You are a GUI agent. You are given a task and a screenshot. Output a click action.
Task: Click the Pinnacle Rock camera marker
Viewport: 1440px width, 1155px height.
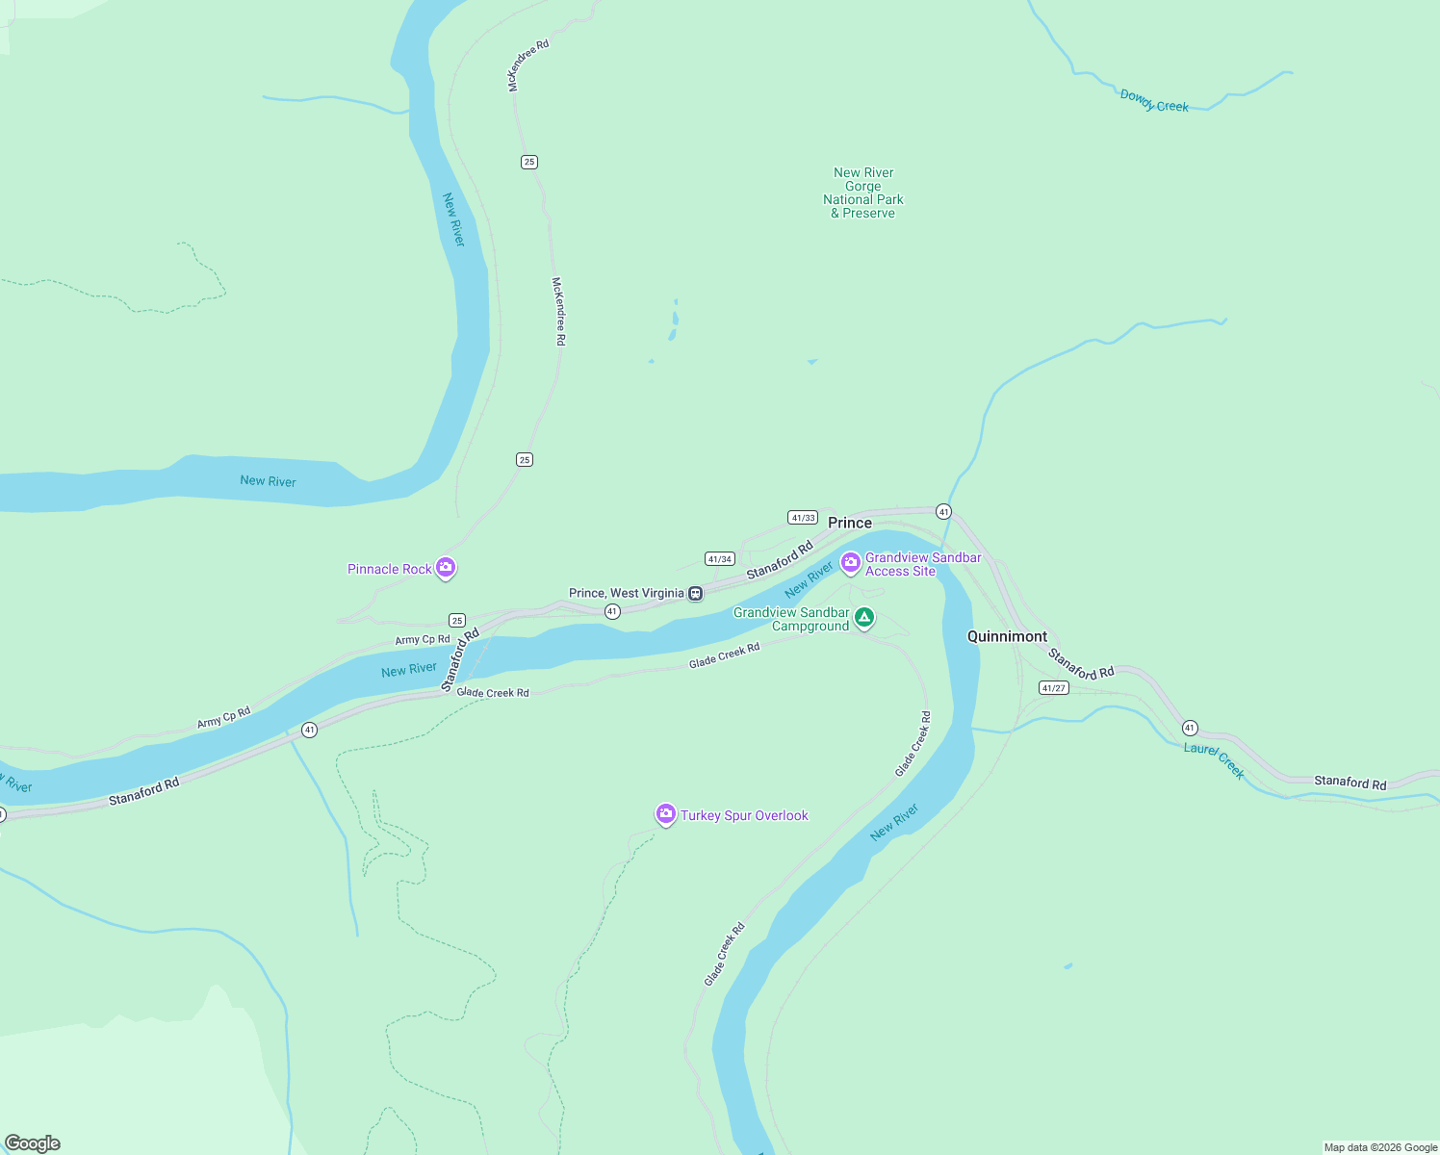click(x=445, y=568)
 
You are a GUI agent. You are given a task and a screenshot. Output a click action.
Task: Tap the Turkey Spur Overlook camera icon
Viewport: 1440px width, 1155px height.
click(x=665, y=814)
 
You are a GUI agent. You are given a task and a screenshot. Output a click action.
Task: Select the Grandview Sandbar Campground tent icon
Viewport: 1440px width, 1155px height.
click(x=864, y=617)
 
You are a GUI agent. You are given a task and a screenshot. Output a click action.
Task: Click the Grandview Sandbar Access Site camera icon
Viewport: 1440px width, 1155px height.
click(x=850, y=561)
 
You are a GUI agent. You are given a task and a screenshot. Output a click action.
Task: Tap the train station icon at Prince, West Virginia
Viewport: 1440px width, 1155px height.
click(x=696, y=593)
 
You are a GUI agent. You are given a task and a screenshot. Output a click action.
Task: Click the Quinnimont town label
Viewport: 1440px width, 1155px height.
click(x=1007, y=636)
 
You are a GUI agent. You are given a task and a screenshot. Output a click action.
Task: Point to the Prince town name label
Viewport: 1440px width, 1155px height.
click(x=850, y=523)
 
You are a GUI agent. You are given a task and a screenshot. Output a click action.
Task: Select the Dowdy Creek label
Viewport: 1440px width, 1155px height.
click(x=1154, y=101)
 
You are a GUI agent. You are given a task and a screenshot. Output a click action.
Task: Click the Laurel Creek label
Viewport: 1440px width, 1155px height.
click(x=1214, y=759)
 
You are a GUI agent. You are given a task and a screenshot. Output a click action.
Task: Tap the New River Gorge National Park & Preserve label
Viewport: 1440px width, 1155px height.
click(x=863, y=192)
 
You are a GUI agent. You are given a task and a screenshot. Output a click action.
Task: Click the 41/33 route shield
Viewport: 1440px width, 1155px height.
click(x=803, y=518)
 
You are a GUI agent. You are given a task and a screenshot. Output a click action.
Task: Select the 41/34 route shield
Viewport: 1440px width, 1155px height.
click(x=720, y=559)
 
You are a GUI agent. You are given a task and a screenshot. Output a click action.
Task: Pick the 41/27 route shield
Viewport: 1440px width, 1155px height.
click(x=1054, y=688)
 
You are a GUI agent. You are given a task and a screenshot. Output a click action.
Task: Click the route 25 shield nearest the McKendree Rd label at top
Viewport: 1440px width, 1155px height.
click(x=529, y=162)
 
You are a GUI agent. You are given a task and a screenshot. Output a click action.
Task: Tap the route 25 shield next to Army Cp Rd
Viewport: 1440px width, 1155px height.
click(x=457, y=620)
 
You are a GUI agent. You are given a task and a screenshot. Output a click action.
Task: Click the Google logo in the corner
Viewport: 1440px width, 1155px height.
click(x=33, y=1143)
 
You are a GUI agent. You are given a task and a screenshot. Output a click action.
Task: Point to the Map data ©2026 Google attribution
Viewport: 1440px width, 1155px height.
click(x=1380, y=1147)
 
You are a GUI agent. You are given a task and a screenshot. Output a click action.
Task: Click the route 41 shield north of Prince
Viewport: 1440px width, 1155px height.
click(x=944, y=512)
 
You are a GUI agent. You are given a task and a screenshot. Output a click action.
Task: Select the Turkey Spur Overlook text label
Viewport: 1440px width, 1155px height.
click(x=744, y=815)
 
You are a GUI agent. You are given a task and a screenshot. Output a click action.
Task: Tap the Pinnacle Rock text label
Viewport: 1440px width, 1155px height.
click(x=390, y=569)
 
